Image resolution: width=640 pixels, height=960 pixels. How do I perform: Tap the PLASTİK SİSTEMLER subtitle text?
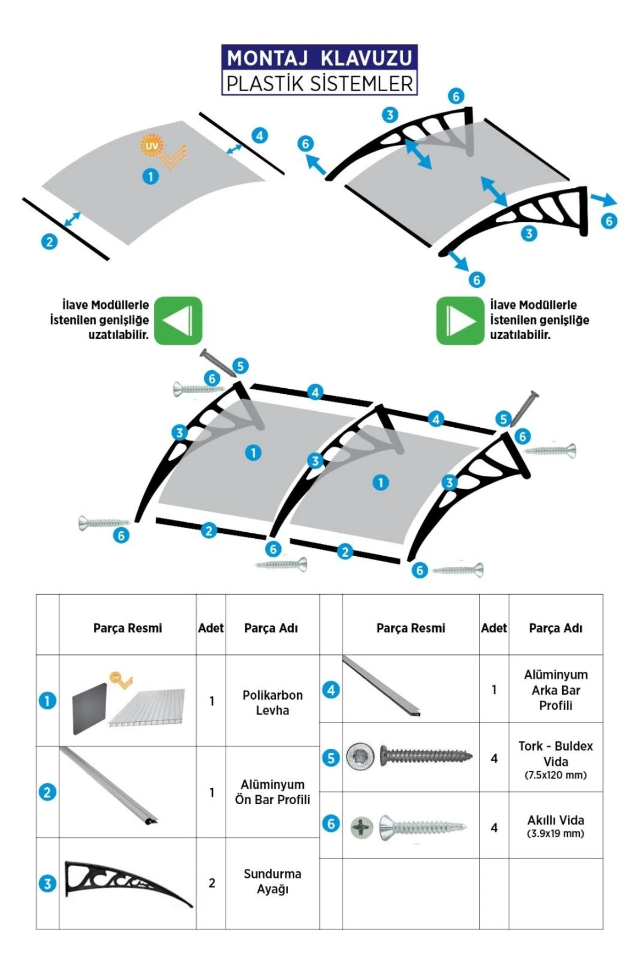(319, 84)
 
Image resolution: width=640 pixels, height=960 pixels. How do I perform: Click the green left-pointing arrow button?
(178, 321)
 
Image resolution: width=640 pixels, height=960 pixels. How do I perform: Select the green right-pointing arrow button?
(460, 321)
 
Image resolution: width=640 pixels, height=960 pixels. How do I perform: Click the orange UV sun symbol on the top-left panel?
(151, 145)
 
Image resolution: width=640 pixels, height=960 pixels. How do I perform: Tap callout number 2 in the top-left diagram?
(50, 242)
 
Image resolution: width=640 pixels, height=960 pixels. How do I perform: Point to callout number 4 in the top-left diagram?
(260, 135)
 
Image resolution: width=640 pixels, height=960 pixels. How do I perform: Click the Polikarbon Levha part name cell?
(272, 702)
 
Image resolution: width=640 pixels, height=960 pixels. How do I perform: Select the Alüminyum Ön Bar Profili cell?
(272, 792)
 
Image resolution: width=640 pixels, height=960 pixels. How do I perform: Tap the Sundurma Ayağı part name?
(272, 881)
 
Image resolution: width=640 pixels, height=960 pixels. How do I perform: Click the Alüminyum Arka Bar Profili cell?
(556, 690)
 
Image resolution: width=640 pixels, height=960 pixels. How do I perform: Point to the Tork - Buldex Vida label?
(556, 753)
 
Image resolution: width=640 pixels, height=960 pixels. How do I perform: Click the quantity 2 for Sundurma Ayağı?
(212, 883)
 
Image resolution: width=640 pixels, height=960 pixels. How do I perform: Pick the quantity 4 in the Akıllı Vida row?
(494, 828)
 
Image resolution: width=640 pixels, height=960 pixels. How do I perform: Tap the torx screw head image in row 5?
(356, 756)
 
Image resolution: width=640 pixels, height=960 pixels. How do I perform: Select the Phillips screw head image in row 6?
(362, 828)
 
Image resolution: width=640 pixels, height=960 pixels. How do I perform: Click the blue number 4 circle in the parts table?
(331, 690)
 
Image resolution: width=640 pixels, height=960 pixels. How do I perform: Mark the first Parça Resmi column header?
(127, 628)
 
